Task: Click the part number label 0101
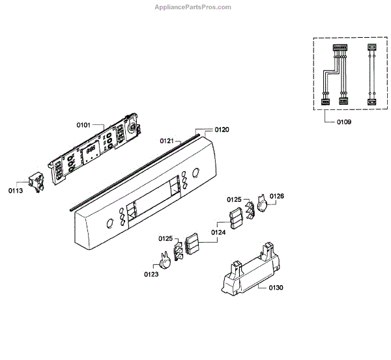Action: click(x=85, y=124)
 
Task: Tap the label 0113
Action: click(x=16, y=191)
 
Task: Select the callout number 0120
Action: click(x=222, y=130)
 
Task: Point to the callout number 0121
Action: click(x=167, y=141)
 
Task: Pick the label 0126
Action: click(x=277, y=196)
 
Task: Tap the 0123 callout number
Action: click(x=152, y=274)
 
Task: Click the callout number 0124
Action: click(x=218, y=232)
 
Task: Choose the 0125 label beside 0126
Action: click(x=235, y=199)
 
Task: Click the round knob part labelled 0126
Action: click(x=263, y=204)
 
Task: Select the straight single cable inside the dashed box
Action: click(x=372, y=75)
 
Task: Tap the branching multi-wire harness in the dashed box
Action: click(x=334, y=75)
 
